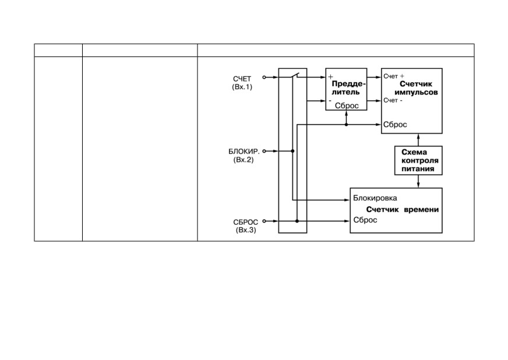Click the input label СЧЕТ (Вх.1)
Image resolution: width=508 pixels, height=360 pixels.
242,83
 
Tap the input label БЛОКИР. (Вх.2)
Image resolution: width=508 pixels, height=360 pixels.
244,156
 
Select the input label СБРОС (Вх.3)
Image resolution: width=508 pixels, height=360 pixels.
246,226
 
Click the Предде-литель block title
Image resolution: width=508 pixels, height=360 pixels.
348,88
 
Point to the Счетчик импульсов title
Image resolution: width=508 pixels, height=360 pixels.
416,88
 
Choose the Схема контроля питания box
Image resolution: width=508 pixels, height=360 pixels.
418,160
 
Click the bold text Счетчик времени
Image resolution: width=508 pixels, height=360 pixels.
403,209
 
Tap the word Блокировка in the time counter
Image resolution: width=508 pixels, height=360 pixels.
375,198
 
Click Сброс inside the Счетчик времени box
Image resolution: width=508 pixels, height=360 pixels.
365,220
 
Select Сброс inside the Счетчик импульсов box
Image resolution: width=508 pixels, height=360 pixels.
395,125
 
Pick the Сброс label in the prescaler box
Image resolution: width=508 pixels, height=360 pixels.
347,105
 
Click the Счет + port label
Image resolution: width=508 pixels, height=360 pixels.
394,76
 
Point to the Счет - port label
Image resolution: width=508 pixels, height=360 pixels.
393,100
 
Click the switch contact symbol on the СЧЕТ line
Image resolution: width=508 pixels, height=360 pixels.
295,76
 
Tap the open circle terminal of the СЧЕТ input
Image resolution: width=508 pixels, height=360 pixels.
264,77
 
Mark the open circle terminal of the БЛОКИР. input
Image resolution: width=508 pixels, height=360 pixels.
264,151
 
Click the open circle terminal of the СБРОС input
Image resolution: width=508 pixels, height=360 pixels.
264,221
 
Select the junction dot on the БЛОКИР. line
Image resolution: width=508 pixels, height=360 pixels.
292,151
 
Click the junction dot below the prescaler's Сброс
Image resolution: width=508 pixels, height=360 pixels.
346,125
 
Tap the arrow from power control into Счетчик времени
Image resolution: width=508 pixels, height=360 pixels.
418,182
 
